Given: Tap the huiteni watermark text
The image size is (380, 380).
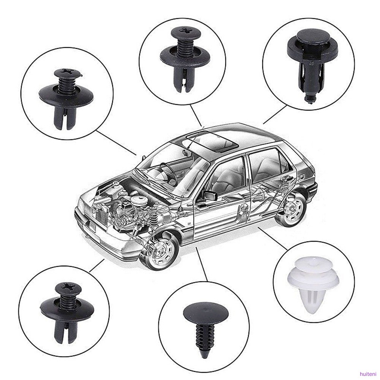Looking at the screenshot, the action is pos(367,374).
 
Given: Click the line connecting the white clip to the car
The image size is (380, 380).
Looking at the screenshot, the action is pos(273,238).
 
